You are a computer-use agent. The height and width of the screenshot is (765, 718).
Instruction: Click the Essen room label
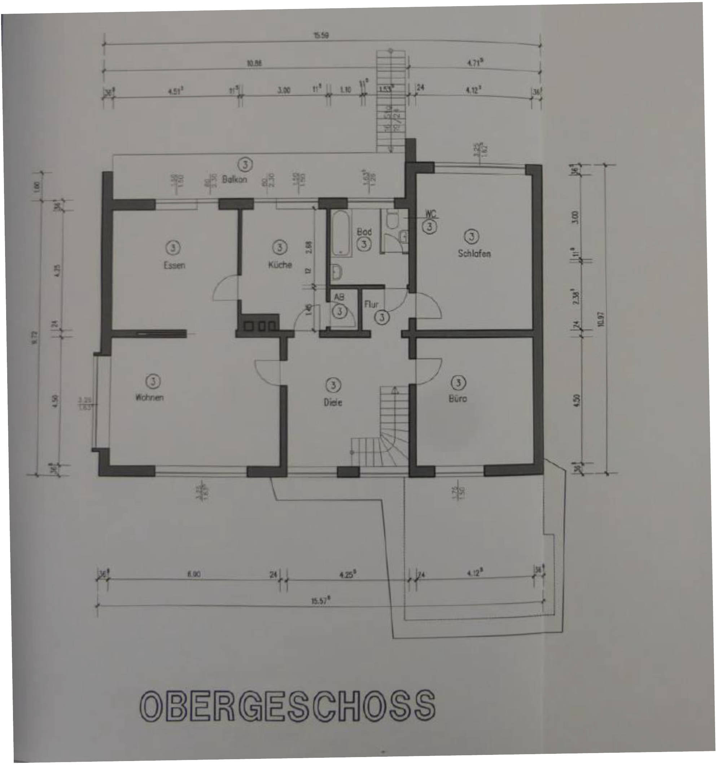pyautogui.click(x=174, y=265)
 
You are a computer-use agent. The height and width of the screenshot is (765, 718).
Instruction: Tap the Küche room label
pyautogui.click(x=280, y=265)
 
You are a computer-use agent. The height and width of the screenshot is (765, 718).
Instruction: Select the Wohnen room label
pyautogui.click(x=149, y=397)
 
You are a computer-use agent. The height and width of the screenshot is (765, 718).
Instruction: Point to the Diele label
pyautogui.click(x=333, y=403)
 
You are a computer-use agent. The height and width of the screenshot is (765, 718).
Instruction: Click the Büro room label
pyautogui.click(x=458, y=399)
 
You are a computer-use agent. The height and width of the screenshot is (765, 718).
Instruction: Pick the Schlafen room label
pyautogui.click(x=474, y=254)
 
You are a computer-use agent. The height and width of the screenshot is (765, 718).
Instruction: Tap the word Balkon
pyautogui.click(x=235, y=179)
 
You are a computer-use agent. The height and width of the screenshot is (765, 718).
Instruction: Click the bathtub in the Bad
pyautogui.click(x=341, y=233)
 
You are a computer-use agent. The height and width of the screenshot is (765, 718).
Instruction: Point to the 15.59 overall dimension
pyautogui.click(x=321, y=36)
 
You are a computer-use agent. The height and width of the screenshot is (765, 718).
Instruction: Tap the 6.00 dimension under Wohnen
pyautogui.click(x=194, y=575)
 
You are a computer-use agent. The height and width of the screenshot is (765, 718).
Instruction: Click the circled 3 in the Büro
pyautogui.click(x=458, y=383)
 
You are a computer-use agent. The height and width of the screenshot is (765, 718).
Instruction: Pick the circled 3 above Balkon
pyautogui.click(x=245, y=165)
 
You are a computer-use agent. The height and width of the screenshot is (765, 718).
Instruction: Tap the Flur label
pyautogui.click(x=372, y=304)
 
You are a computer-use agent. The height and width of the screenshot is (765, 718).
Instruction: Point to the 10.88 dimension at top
pyautogui.click(x=254, y=64)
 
